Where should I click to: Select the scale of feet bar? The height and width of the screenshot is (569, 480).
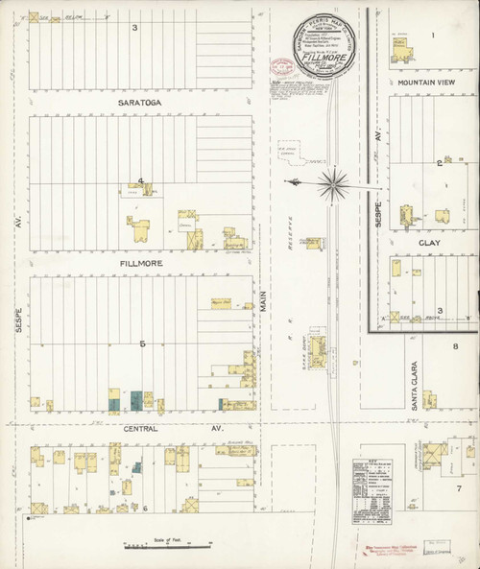coord(166,547)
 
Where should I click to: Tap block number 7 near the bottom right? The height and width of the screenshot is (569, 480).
coord(459,487)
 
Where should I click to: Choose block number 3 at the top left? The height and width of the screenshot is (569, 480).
coord(135,27)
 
